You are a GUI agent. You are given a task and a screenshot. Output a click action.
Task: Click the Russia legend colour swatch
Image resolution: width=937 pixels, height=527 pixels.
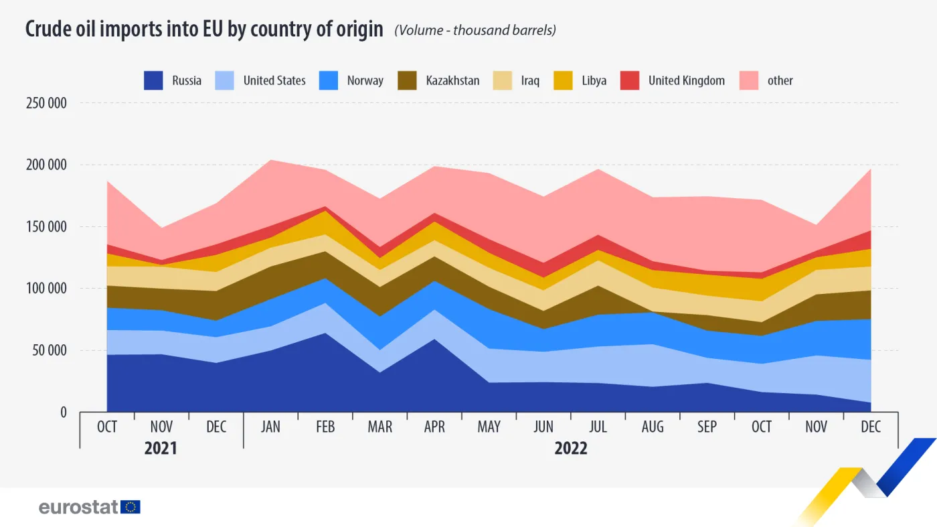153,81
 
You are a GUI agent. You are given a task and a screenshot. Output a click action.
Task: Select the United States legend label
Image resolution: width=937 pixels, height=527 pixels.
274,81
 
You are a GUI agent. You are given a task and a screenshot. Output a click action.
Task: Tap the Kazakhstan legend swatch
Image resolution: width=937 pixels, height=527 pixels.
408,81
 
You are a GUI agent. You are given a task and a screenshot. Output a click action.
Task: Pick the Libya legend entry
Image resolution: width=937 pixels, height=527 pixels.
594,81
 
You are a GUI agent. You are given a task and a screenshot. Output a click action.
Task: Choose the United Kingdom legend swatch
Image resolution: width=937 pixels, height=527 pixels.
630,81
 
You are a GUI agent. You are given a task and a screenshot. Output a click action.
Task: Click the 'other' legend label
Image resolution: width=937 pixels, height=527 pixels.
780,81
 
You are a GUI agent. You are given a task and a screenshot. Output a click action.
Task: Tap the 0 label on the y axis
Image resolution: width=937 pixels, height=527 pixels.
63,412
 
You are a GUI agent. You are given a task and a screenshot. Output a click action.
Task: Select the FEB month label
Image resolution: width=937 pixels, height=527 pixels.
325,427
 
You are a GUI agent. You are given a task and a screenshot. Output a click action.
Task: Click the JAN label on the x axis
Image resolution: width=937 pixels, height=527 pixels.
270,427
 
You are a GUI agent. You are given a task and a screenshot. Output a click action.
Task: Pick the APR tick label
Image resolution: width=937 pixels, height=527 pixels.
434,427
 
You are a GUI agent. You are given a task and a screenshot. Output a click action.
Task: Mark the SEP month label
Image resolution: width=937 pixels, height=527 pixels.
707,427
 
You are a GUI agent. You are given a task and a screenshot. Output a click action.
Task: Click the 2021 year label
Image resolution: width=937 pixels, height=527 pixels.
161,448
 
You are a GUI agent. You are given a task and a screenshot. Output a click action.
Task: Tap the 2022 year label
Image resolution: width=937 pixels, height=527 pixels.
570,448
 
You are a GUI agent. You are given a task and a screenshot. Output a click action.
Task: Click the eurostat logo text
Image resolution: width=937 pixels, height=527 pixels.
78,507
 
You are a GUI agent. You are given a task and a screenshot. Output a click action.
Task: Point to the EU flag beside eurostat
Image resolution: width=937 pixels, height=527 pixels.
131,507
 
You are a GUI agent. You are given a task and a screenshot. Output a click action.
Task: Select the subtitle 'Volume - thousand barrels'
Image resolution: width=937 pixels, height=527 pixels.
475,30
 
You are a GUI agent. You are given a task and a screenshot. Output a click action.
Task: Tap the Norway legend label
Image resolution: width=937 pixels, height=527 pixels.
365,81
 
